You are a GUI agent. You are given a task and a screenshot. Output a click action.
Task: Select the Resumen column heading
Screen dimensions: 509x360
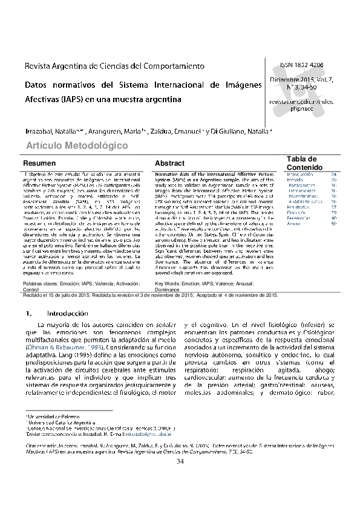click(x=39, y=164)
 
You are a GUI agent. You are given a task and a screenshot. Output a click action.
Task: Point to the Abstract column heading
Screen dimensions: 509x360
click(x=169, y=164)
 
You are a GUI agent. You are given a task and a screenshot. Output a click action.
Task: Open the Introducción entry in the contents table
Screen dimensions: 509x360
click(x=299, y=174)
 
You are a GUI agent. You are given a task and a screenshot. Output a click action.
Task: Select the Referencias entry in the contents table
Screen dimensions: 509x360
click(x=298, y=218)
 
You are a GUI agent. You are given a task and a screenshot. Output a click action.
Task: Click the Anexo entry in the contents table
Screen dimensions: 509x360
click(x=293, y=223)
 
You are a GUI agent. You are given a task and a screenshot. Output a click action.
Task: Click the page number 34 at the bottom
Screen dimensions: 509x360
click(x=180, y=462)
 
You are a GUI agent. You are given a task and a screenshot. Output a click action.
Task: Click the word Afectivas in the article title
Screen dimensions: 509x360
click(x=42, y=98)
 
